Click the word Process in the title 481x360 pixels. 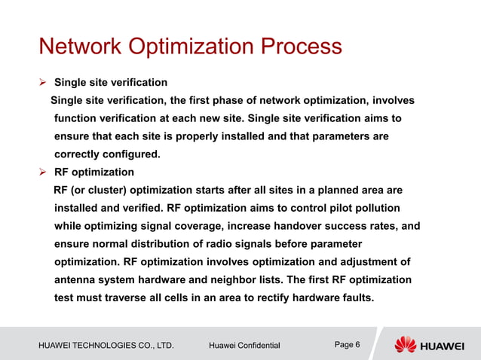pos(301,47)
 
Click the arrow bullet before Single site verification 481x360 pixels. pos(43,82)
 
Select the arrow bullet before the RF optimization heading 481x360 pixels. pos(43,172)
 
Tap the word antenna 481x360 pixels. pos(77,279)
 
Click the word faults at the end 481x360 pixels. pos(354,297)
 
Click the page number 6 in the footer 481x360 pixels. pos(357,344)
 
